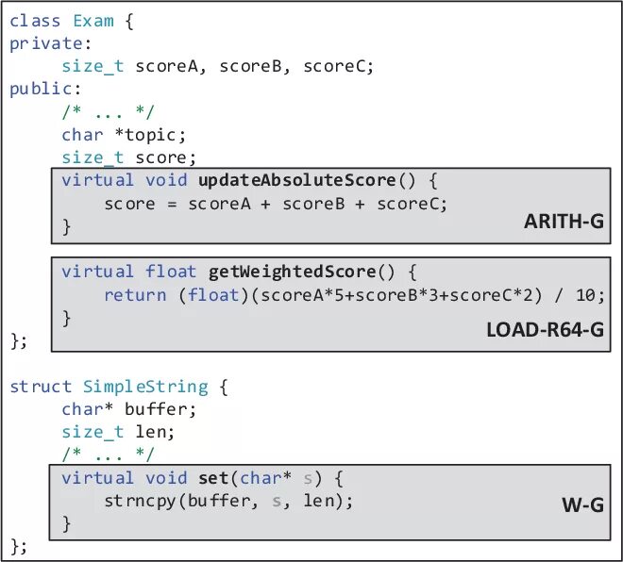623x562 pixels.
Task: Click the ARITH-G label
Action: pos(563,223)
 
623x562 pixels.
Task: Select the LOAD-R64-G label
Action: pos(545,331)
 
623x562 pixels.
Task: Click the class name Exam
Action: pos(93,21)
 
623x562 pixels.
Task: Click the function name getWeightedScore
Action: pos(293,272)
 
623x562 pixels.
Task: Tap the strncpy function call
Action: pos(142,501)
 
